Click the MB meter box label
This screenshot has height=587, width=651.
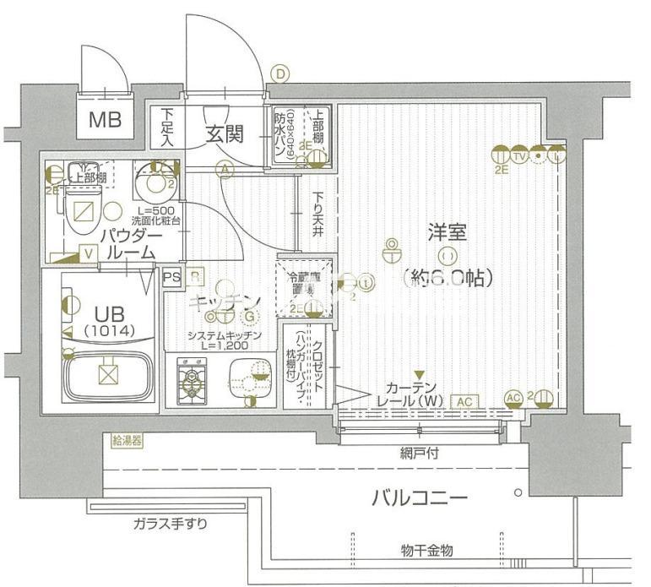[x=106, y=120]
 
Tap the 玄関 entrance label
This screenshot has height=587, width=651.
[x=226, y=133]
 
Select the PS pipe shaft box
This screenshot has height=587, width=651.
[x=171, y=276]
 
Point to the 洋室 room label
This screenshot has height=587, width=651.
[x=448, y=231]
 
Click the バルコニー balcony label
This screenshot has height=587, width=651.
[x=420, y=497]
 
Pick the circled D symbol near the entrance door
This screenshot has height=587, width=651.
[x=280, y=75]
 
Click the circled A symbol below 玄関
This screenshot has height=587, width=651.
[x=225, y=170]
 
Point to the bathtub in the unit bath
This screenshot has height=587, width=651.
[x=106, y=372]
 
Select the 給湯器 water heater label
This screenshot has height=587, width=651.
[x=127, y=440]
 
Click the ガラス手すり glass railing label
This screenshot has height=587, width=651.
[x=170, y=524]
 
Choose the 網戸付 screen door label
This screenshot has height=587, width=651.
[x=420, y=454]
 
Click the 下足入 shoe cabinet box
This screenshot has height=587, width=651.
[x=167, y=127]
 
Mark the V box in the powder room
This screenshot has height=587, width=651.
[x=89, y=252]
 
